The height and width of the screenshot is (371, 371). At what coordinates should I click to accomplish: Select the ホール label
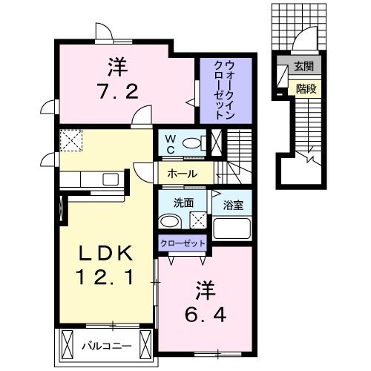coord(182,174)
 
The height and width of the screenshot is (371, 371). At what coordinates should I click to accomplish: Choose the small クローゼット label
coord(182,243)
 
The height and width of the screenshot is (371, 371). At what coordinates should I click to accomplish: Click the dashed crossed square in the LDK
coord(73,139)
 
